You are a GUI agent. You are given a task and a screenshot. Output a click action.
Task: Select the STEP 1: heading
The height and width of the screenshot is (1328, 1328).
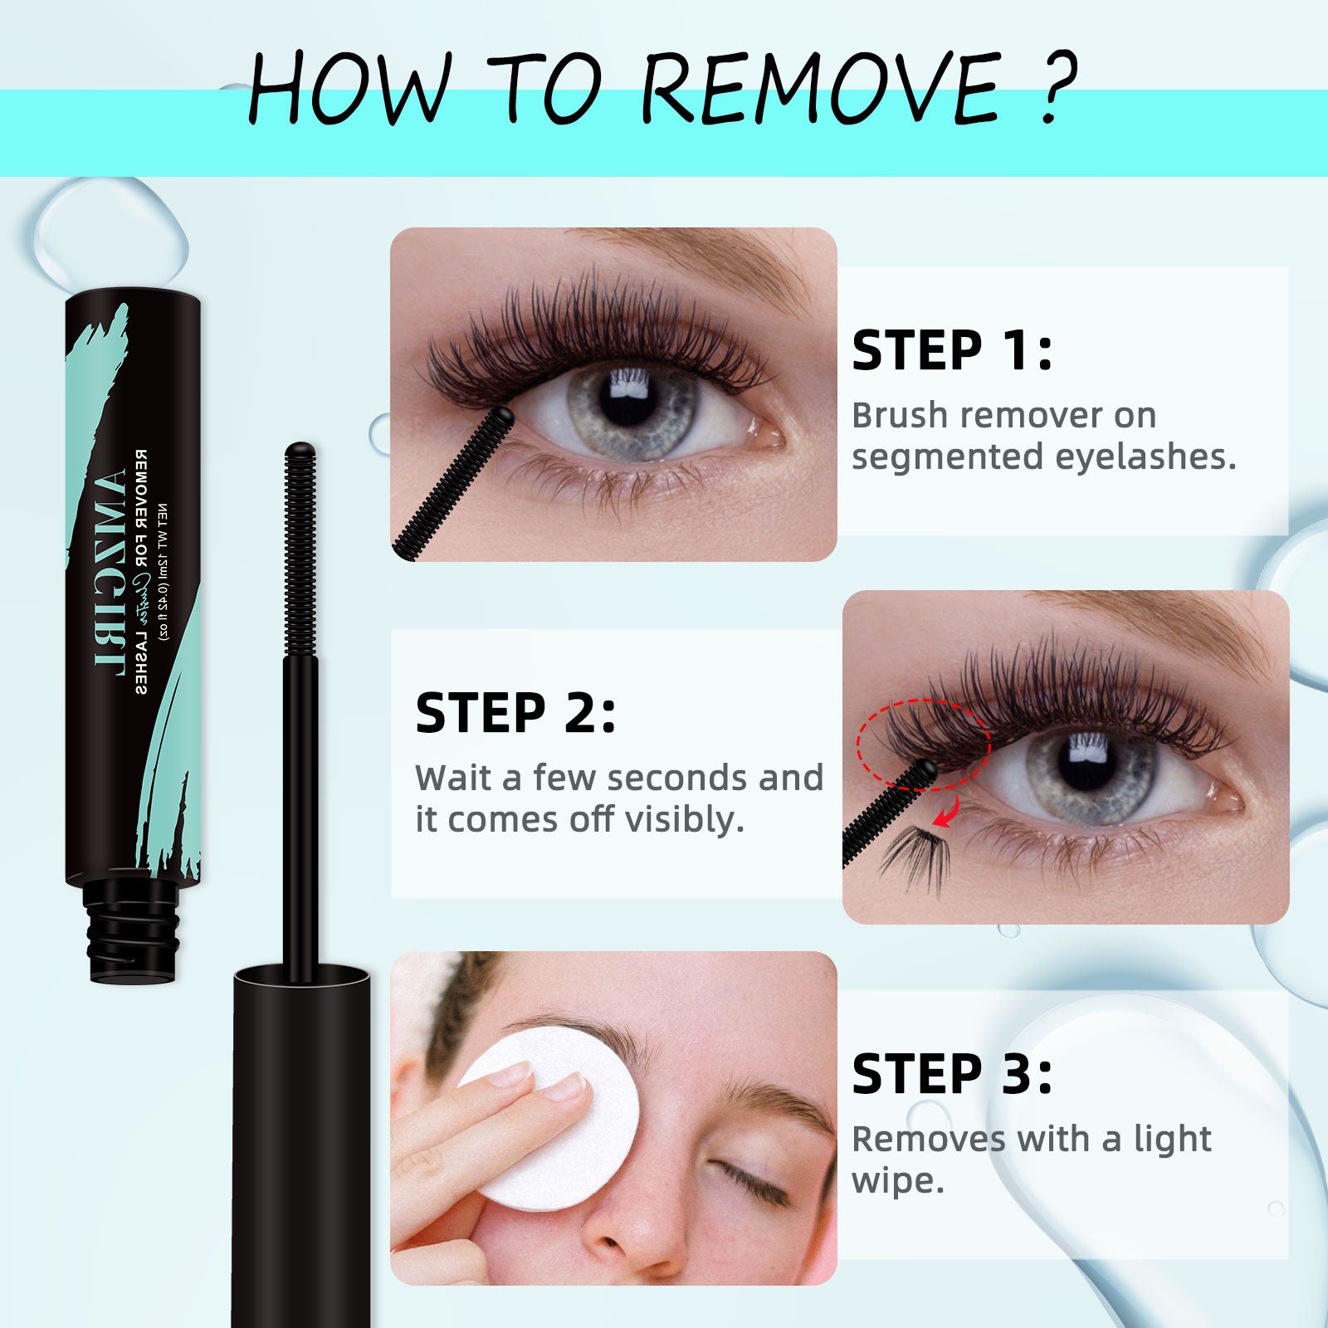952,350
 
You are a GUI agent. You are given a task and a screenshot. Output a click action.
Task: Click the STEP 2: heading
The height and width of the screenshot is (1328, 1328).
515,713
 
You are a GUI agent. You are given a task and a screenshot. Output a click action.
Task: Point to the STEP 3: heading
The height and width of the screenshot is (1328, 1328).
952,1075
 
